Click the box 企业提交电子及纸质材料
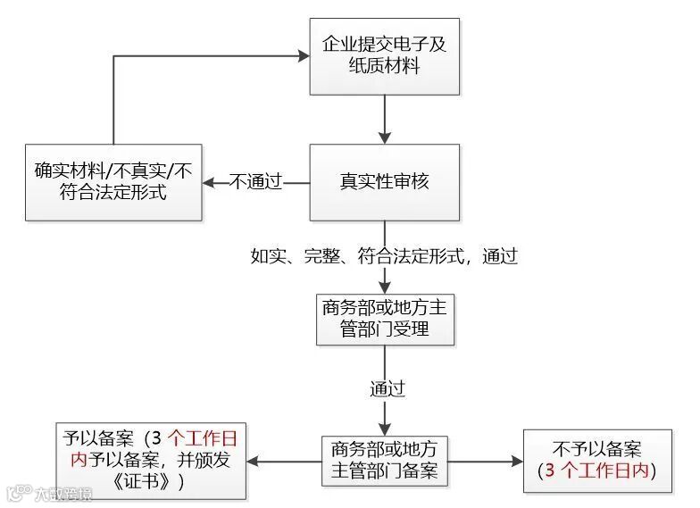[x=384, y=55]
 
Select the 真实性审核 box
[x=384, y=182]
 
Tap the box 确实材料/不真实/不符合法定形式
[x=112, y=181]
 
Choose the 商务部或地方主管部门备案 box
[x=384, y=461]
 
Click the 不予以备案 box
[x=597, y=461]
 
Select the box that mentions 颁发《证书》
[x=151, y=461]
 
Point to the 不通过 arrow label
[x=256, y=182]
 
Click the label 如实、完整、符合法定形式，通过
[x=384, y=256]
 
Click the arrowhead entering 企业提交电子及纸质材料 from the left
[x=303, y=55]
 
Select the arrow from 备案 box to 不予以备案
[x=484, y=461]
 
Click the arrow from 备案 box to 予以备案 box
[x=284, y=461]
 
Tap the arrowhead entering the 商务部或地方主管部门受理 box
[x=384, y=287]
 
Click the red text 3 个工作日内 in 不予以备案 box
[x=597, y=471]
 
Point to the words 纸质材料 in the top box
[x=384, y=66]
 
